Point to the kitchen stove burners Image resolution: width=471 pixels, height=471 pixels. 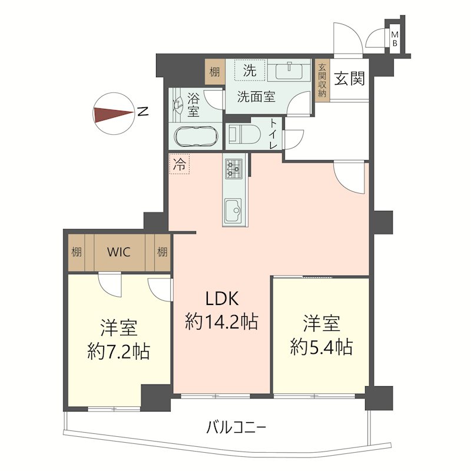(234, 170)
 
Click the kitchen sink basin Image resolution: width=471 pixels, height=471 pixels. (234, 208)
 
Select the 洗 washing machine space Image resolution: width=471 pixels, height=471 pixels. (250, 72)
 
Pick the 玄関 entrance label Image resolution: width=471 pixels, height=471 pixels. (350, 79)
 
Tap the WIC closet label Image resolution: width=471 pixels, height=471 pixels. (119, 253)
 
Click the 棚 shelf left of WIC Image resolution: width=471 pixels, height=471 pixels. (77, 253)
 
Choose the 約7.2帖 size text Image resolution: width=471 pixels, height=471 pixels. (118, 352)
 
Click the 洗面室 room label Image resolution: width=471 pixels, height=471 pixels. (256, 98)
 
